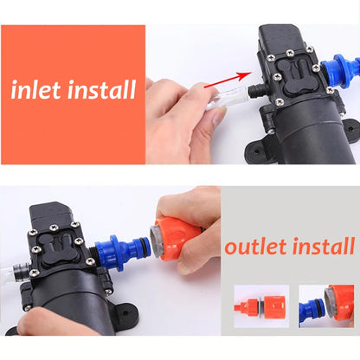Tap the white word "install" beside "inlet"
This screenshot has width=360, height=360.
pyautogui.click(x=100, y=89)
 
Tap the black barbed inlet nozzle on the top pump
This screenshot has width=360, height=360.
pyautogui.click(x=254, y=90)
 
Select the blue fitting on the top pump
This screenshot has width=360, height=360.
pyautogui.click(x=343, y=73)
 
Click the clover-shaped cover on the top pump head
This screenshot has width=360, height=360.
pyautogui.click(x=293, y=76)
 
